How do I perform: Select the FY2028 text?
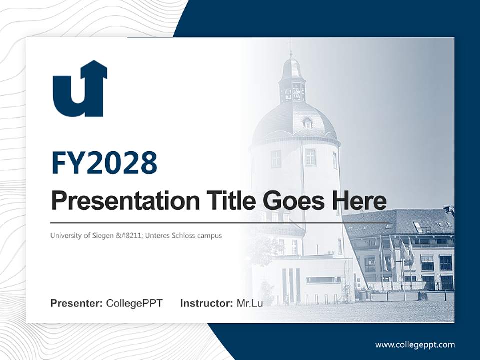coord(104,162)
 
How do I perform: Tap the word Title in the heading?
coord(227,201)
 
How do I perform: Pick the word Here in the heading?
coord(359,201)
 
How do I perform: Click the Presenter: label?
coord(77,303)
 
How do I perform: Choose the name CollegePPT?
coord(134,303)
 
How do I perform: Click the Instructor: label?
coord(206,303)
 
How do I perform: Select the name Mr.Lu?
coord(250,303)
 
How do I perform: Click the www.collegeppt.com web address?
coord(415,345)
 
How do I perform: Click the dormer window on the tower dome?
coord(308,123)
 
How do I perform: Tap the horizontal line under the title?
coord(220,222)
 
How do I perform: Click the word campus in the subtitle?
coord(210,235)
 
